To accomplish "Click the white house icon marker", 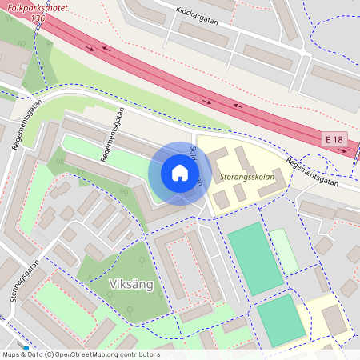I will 180,173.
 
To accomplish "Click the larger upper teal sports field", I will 255,258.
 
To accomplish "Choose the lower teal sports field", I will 281,319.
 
